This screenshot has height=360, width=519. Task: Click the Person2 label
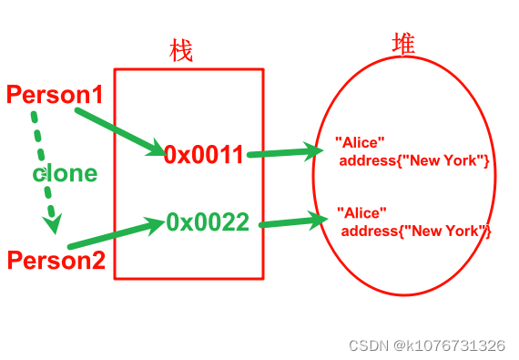click(56, 260)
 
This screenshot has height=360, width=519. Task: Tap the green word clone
click(65, 173)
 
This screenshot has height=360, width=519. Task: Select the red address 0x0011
click(205, 155)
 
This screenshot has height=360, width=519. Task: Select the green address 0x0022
click(208, 221)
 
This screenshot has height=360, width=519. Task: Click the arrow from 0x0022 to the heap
click(291, 221)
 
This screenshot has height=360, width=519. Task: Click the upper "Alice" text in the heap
click(361, 142)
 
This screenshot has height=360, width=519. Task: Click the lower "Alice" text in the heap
click(361, 212)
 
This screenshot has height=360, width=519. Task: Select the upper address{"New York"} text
click(415, 160)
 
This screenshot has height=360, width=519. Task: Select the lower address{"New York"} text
click(416, 231)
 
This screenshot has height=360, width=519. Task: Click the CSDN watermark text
click(369, 345)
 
